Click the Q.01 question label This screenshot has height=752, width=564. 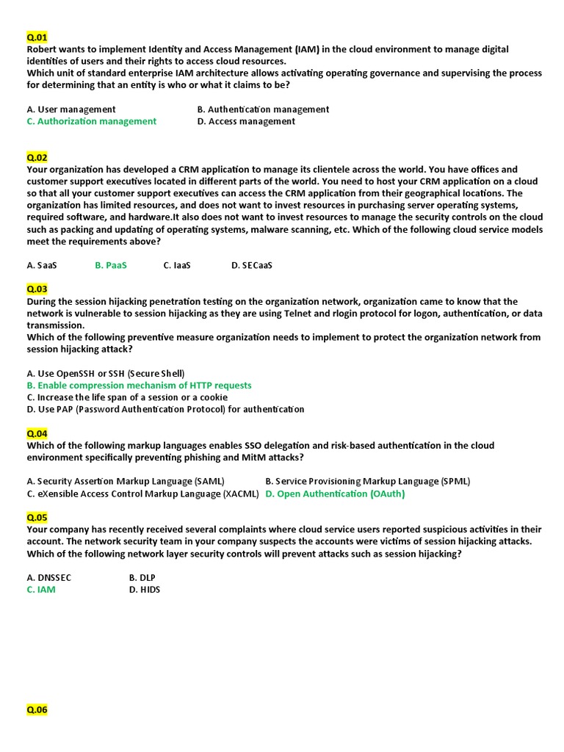pos(37,37)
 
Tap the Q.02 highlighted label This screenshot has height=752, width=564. pos(37,157)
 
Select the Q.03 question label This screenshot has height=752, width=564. pos(37,289)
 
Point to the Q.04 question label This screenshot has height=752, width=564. pos(37,433)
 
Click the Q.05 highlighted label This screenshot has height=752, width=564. pos(37,517)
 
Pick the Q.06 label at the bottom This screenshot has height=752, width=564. pos(37,709)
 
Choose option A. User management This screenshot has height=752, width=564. pos(71,109)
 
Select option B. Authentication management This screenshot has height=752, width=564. pos(263,109)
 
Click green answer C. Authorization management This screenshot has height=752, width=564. pos(92,121)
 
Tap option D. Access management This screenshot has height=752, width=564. pos(246,121)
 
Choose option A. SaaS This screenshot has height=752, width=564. pos(42,265)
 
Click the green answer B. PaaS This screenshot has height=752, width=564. pos(111,265)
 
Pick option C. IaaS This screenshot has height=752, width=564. pos(177,265)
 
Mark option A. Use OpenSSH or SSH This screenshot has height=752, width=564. pos(106,373)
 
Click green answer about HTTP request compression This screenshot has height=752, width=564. pos(140,386)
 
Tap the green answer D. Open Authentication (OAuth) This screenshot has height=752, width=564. pos(335,493)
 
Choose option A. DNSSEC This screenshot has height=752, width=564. pos(49,577)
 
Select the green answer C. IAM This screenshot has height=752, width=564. pos(41,589)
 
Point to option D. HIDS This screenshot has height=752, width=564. pos(145,589)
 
